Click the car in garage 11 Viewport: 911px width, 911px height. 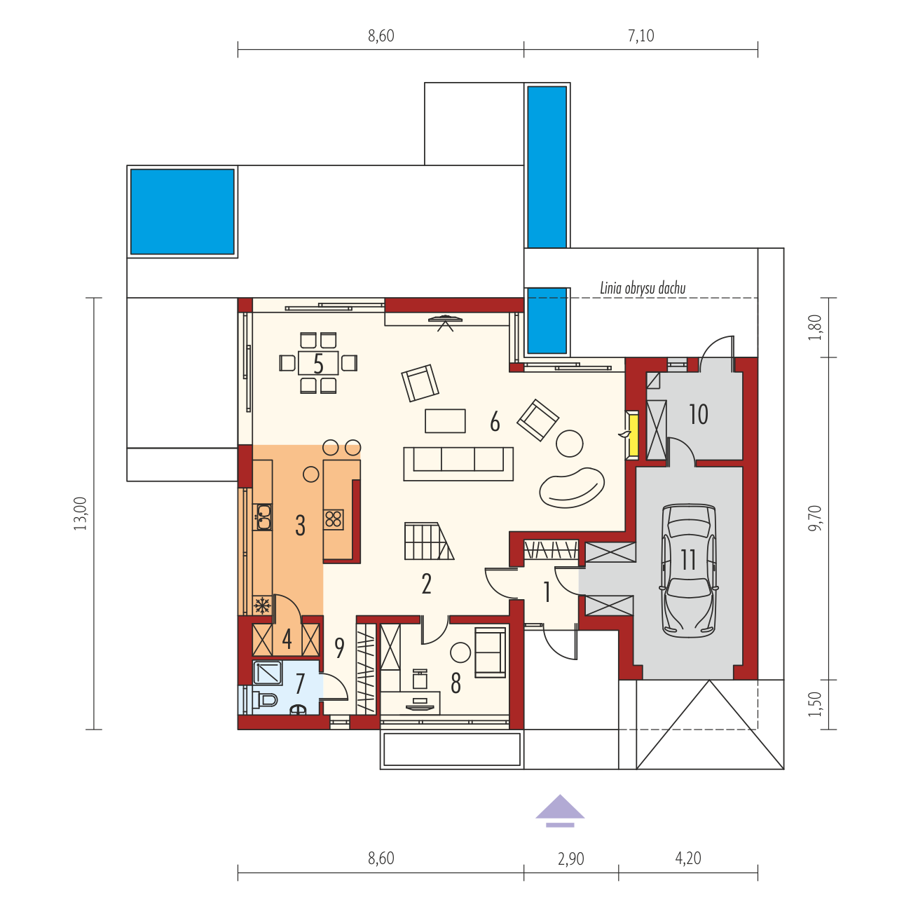(688, 569)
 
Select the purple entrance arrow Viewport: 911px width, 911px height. (560, 811)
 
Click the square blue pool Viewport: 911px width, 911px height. (182, 212)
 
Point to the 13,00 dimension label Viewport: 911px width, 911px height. (81, 514)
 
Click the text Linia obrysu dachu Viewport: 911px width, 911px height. (643, 288)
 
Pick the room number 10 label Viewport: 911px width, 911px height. (698, 414)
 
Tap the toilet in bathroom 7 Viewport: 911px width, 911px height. (265, 699)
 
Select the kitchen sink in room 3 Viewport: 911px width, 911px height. (262, 516)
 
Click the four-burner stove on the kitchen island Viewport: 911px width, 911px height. (334, 519)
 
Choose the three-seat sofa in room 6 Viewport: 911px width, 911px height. (458, 464)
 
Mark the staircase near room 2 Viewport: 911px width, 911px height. (429, 541)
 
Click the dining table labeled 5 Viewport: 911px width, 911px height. (318, 363)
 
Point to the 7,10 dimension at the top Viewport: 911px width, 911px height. (641, 36)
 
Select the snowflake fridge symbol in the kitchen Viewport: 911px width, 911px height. (262, 605)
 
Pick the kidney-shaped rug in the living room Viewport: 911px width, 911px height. (572, 487)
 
